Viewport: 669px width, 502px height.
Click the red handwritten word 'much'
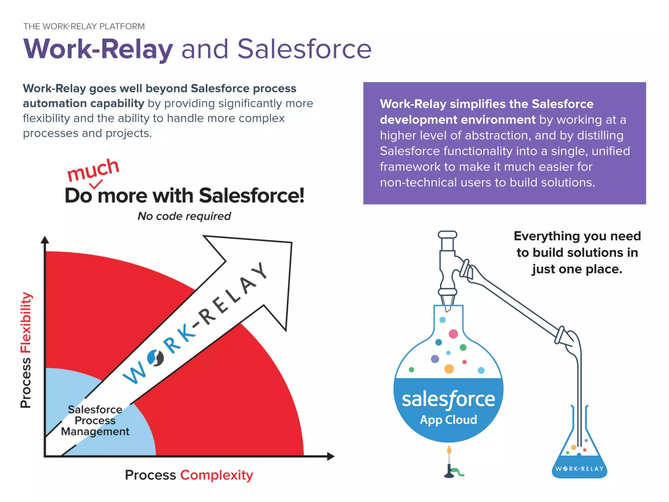(93, 170)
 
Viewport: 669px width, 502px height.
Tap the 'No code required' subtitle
(184, 216)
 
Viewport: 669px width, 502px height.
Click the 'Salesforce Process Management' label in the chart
(95, 421)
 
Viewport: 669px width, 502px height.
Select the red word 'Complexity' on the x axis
(217, 475)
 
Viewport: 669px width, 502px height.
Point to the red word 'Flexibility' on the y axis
(26, 322)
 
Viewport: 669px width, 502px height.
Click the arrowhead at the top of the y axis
(45, 240)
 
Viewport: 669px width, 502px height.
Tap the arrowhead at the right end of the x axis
(331, 456)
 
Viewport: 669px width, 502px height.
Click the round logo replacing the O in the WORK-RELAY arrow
(155, 358)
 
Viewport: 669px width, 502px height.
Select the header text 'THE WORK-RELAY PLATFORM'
(84, 26)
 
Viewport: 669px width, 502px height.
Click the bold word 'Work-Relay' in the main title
(98, 49)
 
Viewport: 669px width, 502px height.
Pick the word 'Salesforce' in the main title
(304, 49)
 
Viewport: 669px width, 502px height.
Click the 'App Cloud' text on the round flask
(448, 420)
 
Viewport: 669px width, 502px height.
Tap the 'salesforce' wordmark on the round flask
(448, 399)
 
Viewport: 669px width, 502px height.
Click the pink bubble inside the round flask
(453, 334)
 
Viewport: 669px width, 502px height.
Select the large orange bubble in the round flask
(449, 369)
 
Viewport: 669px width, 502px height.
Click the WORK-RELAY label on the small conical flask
(579, 469)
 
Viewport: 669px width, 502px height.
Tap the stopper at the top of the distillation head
(447, 235)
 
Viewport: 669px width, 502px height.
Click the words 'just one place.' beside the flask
(577, 269)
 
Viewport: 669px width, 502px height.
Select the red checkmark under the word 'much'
(96, 184)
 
